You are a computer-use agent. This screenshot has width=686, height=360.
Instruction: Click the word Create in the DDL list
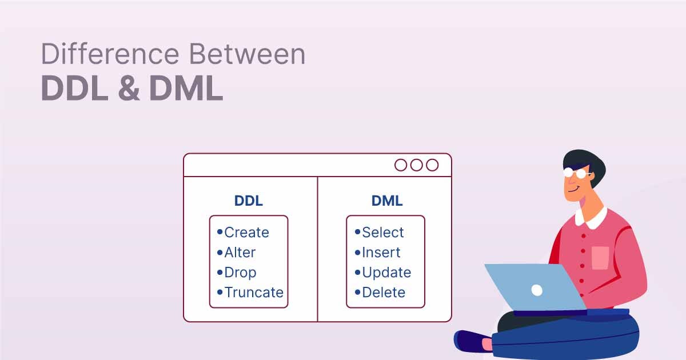[246, 233]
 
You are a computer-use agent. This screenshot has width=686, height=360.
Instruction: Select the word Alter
[240, 253]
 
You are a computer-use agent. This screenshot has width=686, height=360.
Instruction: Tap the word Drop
[240, 273]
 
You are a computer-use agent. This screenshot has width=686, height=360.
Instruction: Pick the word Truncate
[254, 293]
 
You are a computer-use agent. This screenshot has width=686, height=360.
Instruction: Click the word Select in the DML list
[383, 233]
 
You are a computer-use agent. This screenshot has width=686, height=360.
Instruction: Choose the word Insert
[381, 253]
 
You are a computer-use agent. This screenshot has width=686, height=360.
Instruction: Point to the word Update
[386, 273]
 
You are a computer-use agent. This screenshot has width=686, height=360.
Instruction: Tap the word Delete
[384, 293]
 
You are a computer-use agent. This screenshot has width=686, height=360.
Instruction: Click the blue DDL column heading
[249, 201]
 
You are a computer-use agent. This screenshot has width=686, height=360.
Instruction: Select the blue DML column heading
[387, 201]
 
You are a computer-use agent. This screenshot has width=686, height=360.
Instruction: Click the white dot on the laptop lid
[537, 290]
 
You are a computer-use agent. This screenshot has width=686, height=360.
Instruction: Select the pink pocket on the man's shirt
[600, 257]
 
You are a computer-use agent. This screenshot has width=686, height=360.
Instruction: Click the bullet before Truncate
[220, 292]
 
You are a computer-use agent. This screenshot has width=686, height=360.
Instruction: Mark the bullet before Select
[357, 232]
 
